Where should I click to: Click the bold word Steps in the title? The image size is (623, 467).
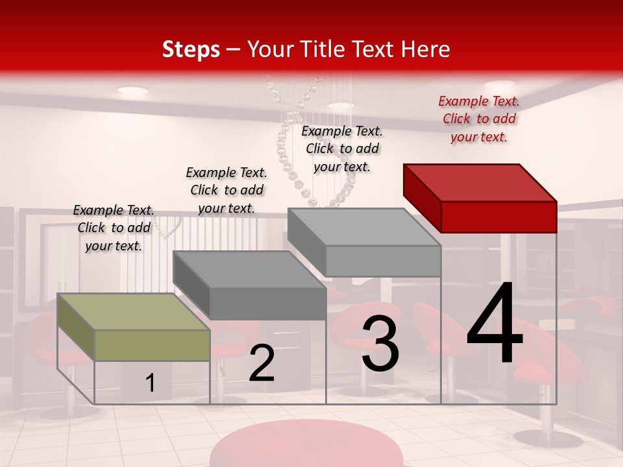(191, 49)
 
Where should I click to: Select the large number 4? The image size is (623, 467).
(495, 324)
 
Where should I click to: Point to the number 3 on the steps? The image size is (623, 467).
(380, 344)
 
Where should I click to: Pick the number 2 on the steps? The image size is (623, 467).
(262, 363)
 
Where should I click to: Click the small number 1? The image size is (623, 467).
(151, 383)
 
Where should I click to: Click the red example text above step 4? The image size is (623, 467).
(479, 119)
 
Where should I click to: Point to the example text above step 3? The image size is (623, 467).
(342, 149)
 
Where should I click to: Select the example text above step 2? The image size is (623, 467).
(226, 190)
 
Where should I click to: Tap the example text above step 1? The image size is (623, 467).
(114, 228)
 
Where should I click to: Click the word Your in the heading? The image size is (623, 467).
(269, 49)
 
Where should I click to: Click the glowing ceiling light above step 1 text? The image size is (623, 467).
(132, 91)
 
